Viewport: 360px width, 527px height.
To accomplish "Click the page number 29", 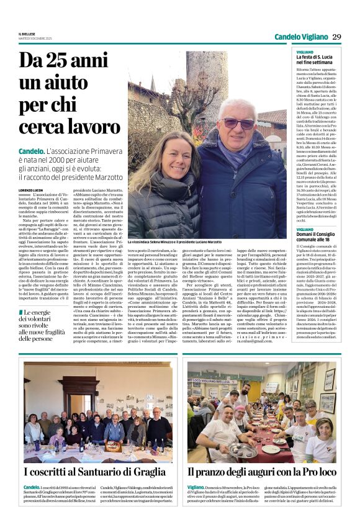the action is (x=336, y=37).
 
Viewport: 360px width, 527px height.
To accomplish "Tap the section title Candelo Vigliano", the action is (x=301, y=37).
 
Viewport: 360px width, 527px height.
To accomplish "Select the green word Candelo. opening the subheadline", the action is (x=31, y=151).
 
